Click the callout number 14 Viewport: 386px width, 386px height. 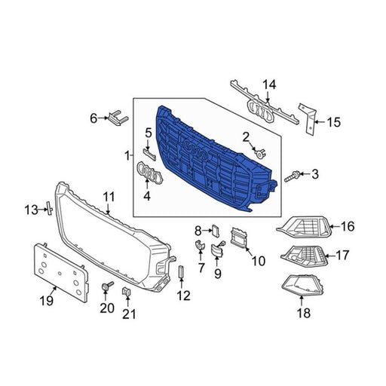pos(269,85)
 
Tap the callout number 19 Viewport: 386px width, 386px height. pos(47,300)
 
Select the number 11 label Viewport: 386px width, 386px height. pos(109,197)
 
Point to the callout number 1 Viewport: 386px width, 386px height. pos(127,156)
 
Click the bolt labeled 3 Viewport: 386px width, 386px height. pos(292,176)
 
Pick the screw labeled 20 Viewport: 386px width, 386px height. pos(106,286)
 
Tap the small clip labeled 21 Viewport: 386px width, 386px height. pos(127,293)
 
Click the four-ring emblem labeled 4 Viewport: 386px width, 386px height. pos(150,173)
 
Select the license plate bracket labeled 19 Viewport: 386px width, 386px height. pos(61,273)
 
